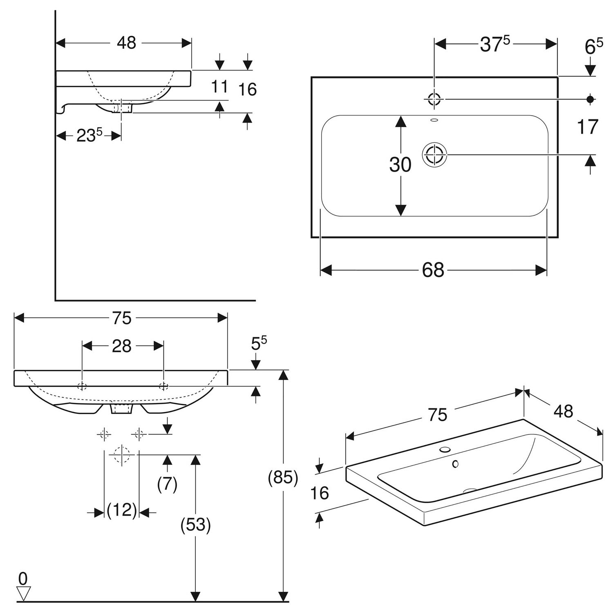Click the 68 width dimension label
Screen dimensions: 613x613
433,270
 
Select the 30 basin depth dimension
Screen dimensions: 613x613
400,165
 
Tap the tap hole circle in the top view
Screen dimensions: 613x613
434,98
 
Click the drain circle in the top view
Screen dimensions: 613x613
434,155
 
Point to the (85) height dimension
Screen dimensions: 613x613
283,477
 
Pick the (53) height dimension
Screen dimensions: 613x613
196,525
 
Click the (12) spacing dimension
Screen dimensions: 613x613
122,510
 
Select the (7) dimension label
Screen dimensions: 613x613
167,485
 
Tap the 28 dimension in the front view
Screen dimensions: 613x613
122,346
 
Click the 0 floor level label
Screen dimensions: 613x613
23,578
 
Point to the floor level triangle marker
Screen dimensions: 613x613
23,594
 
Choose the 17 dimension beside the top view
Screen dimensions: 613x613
588,127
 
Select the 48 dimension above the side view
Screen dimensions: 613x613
126,43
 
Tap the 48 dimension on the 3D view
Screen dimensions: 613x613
563,411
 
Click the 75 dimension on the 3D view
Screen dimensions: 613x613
438,415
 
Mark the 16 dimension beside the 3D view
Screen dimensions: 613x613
319,493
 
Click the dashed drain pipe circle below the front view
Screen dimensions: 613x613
122,454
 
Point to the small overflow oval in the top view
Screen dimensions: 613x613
434,120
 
